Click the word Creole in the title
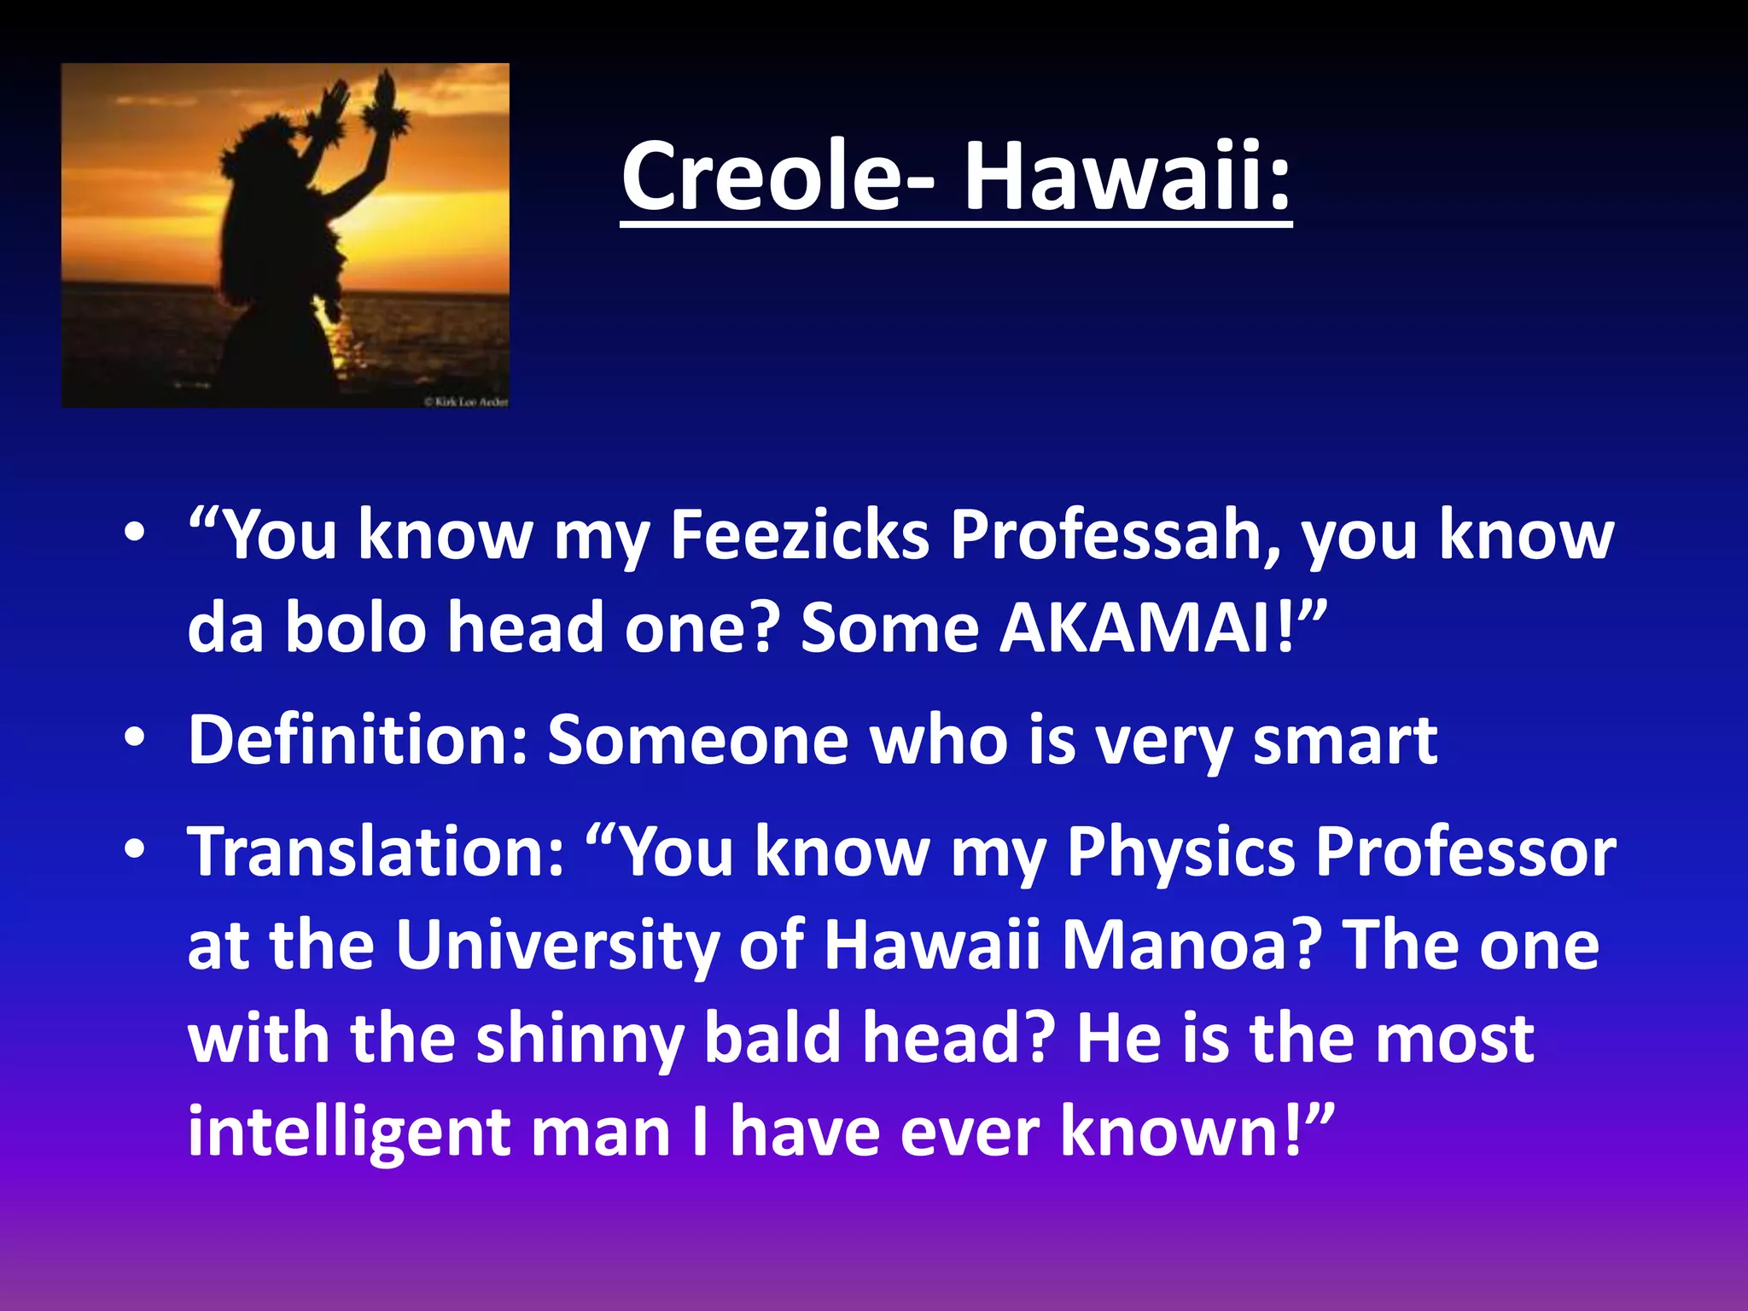(x=764, y=178)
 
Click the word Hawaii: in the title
(x=1127, y=178)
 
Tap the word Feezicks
(x=799, y=536)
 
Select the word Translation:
(x=376, y=852)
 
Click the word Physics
(x=1181, y=852)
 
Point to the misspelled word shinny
(x=580, y=1040)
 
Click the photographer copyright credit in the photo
(x=466, y=401)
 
